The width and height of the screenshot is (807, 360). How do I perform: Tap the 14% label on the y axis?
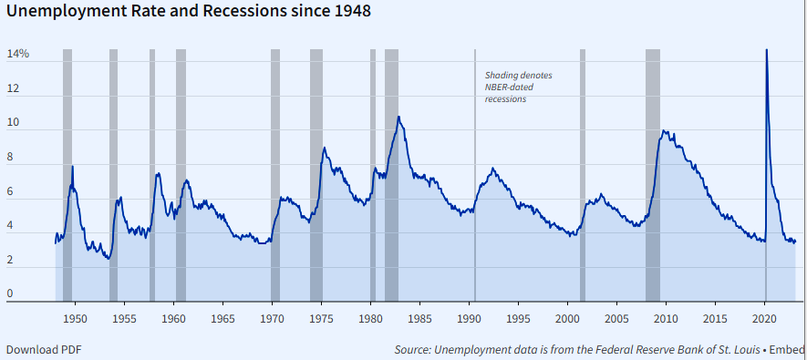[18, 55]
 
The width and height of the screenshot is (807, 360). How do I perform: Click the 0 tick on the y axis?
[11, 293]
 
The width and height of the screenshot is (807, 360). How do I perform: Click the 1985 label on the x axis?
[419, 319]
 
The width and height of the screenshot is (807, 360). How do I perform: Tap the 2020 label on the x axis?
[765, 319]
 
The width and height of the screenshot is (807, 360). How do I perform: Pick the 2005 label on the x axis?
[616, 319]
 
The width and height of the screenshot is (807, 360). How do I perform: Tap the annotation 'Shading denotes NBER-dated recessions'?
[517, 87]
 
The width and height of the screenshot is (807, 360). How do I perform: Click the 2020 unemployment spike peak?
[766, 51]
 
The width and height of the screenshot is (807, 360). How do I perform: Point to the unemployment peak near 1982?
[398, 117]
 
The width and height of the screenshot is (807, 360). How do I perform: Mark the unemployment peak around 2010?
[665, 131]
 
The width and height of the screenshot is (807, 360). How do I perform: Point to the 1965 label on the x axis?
[222, 319]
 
